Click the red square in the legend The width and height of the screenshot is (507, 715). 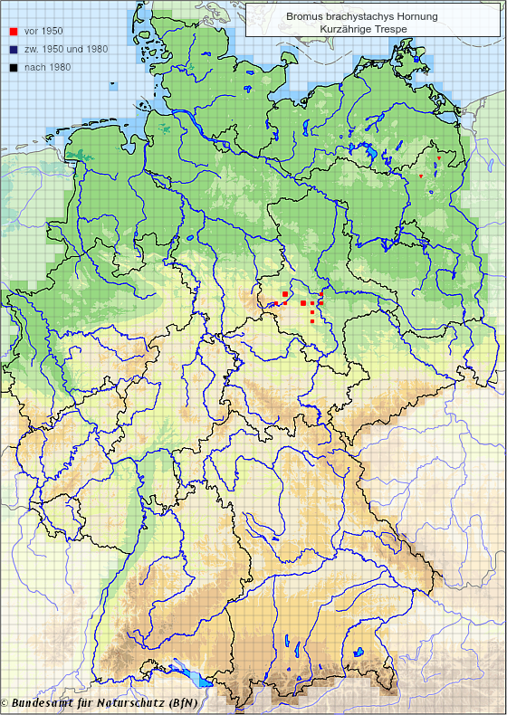click(x=13, y=32)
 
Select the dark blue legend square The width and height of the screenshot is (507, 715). click(x=13, y=49)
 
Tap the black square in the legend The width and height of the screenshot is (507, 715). click(x=13, y=66)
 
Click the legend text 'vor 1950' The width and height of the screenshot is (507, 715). click(x=43, y=32)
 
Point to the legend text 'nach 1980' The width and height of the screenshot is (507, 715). click(x=47, y=66)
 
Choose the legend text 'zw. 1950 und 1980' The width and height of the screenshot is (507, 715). click(x=65, y=49)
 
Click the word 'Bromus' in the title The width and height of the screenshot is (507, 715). click(x=301, y=16)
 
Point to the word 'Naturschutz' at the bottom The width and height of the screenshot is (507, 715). click(x=130, y=702)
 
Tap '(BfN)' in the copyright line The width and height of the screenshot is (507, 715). click(x=182, y=702)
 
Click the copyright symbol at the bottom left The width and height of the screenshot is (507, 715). click(x=5, y=703)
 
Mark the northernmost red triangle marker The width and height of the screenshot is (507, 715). click(x=438, y=158)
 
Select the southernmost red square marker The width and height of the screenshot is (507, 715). click(x=312, y=321)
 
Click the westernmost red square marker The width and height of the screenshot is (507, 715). click(x=284, y=294)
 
